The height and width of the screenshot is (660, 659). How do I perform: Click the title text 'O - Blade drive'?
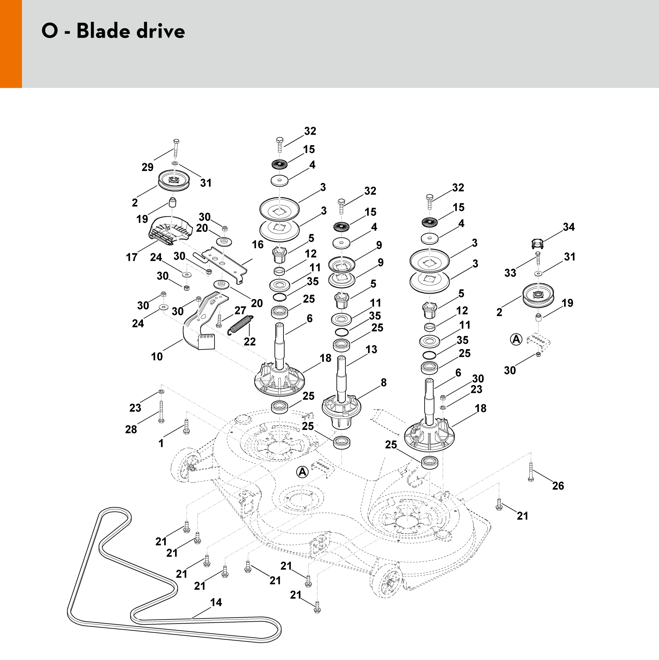[113, 31]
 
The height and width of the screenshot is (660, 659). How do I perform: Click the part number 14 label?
[216, 602]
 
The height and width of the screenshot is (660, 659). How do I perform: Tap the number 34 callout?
[568, 227]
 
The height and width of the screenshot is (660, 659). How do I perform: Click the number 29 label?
[147, 167]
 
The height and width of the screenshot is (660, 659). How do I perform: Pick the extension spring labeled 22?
[241, 324]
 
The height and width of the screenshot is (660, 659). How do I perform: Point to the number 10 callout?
[157, 356]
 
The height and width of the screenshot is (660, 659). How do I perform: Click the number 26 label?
[558, 485]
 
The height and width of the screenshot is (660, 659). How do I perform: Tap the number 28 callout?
[131, 429]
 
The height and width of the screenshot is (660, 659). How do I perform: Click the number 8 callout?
[383, 382]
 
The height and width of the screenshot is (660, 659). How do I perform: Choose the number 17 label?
[132, 257]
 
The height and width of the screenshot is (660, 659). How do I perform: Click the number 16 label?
[258, 244]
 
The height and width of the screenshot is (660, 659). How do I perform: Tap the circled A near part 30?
[516, 339]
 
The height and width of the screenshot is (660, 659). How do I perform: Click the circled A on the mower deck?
[302, 472]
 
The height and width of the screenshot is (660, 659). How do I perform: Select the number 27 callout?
[240, 310]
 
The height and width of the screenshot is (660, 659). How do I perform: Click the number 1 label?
[161, 443]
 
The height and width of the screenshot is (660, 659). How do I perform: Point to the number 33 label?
[510, 273]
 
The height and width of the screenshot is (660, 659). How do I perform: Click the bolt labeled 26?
[531, 472]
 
